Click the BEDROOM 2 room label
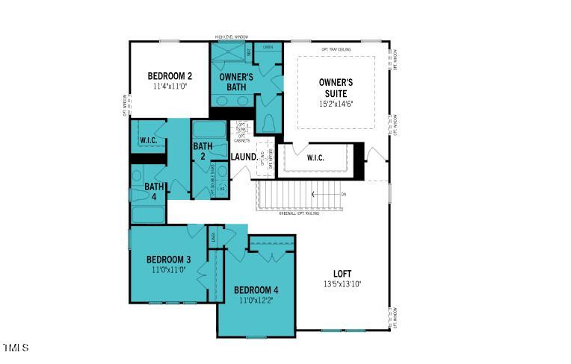coord(170,75)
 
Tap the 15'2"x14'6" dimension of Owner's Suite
coord(336,104)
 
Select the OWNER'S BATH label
coord(235,82)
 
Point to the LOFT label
coord(342,274)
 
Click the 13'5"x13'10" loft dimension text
coord(342,284)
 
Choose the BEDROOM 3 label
coord(168,259)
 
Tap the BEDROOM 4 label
coord(256,289)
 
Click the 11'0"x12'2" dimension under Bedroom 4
coord(256,300)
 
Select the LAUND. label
coord(244,157)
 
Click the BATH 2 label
coord(203,151)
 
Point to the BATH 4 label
coord(155,192)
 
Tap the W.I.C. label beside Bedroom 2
coord(148,140)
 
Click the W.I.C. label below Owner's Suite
coord(315,157)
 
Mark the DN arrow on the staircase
coord(329,194)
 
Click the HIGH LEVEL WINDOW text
coord(232,37)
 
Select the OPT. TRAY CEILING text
coord(336,49)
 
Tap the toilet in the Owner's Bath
coord(268,123)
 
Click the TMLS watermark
coord(15,348)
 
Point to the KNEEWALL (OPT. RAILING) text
coord(299,213)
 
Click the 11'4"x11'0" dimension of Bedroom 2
coord(170,86)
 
